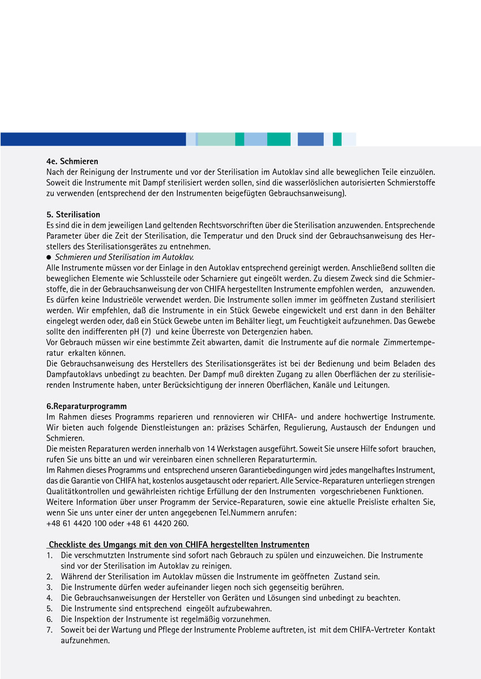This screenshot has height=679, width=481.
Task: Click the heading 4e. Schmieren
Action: (72, 161)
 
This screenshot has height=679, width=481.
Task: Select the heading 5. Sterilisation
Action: (73, 214)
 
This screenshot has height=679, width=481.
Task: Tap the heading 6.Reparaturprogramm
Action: (87, 406)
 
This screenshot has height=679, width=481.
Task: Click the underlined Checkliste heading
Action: (179, 544)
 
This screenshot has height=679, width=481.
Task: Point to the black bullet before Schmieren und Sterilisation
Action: (49, 257)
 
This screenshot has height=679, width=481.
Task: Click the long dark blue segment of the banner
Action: (93, 139)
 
